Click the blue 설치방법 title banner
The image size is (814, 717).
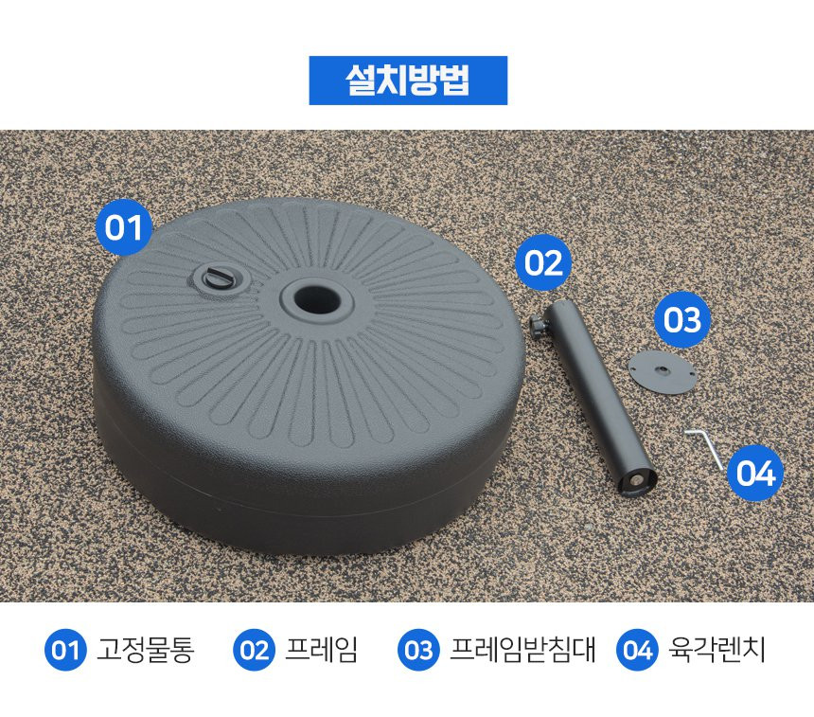[x=408, y=81]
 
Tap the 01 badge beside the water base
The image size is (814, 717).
[x=124, y=227]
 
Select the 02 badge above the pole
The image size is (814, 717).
[x=543, y=262]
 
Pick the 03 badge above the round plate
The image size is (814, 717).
[x=681, y=319]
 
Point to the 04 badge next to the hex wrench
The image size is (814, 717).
[x=755, y=473]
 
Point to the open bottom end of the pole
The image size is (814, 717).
[x=639, y=480]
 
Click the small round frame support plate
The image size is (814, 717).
[x=661, y=371]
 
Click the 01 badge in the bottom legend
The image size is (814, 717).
[x=65, y=650]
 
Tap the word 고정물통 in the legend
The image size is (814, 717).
[x=146, y=650]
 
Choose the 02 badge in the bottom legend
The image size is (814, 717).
[x=254, y=650]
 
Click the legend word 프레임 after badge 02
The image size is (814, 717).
[x=322, y=650]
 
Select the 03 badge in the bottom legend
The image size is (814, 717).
[x=418, y=650]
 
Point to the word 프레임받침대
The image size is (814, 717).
[x=522, y=650]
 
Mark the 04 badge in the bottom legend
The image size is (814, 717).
[x=637, y=650]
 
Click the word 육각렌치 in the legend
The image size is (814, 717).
[x=717, y=650]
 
